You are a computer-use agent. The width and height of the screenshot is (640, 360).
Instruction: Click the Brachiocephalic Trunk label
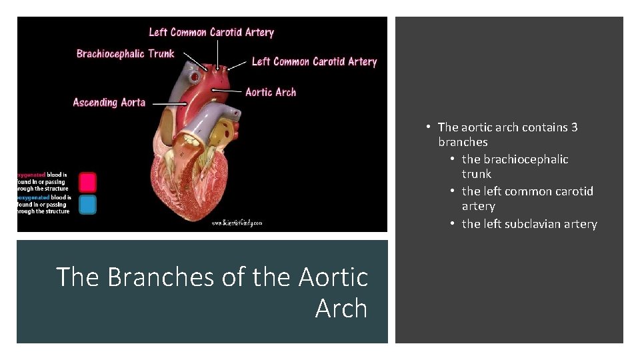coord(125,54)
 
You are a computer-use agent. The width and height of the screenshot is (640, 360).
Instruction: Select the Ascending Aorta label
coord(109,103)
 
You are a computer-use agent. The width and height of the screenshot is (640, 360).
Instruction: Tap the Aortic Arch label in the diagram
coord(270,92)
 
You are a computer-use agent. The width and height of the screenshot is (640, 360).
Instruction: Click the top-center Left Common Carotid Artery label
coord(211,32)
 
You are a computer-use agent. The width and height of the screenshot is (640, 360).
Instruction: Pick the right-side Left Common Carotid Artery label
coord(314,61)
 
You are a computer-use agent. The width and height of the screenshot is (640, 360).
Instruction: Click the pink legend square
coord(87,182)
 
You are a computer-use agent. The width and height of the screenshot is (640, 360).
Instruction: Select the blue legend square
coord(87,204)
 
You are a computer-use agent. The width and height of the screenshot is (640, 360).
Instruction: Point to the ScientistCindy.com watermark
coord(237,223)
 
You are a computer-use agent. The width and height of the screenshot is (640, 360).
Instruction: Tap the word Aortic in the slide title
coord(333,277)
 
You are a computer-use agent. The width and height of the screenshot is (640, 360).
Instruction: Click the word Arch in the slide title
coord(341,308)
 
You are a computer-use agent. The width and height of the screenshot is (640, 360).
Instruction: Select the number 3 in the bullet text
coord(574,127)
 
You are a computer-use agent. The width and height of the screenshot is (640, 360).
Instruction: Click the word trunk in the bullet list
coord(476,174)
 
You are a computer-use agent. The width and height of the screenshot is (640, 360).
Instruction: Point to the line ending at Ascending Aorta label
coord(167,103)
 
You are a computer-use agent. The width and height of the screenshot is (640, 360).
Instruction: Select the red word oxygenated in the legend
coord(31,175)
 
